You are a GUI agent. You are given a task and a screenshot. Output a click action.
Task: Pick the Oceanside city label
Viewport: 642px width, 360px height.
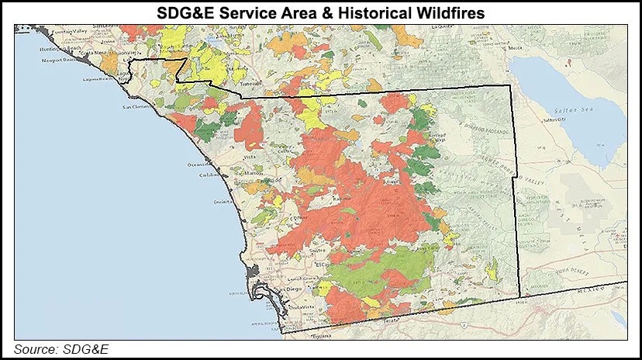click(198, 165)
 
